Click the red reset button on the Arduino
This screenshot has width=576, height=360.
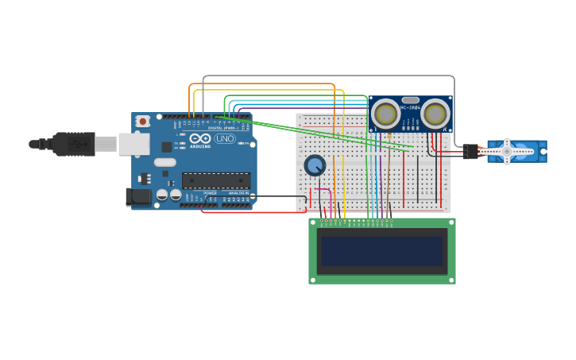tap(143, 121)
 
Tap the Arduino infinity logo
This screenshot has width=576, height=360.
tap(199, 138)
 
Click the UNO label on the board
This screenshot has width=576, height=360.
tap(225, 138)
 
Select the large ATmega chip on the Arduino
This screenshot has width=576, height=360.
tap(216, 180)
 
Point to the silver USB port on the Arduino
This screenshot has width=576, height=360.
tap(133, 144)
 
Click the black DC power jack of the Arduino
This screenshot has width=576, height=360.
tap(138, 196)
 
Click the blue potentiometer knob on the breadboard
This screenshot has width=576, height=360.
tap(315, 165)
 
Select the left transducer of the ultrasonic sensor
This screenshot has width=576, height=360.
tap(386, 114)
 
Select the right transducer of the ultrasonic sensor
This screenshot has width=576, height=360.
tap(435, 114)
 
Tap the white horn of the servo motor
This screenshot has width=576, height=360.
tap(507, 151)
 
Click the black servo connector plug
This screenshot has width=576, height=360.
tap(471, 151)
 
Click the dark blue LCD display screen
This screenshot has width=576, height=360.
tap(382, 251)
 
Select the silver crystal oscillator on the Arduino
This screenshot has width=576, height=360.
tap(164, 162)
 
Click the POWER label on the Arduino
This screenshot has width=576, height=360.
tap(210, 192)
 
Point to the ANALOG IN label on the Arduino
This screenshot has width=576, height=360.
tap(238, 192)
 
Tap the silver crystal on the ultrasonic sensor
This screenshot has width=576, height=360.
tap(411, 100)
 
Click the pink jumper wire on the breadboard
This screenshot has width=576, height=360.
tap(330, 199)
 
